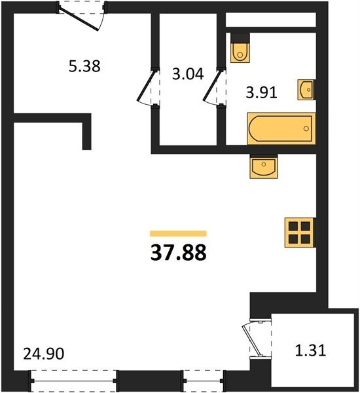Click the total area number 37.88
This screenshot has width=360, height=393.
pos(179,253)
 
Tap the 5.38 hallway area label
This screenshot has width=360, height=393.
pos(84,66)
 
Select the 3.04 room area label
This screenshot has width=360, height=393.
pos(188,74)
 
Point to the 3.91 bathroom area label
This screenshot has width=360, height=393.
pos(262,92)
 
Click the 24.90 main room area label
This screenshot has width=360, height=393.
pos(44,354)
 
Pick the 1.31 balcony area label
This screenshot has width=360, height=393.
pos(311,350)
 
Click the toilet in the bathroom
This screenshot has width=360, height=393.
pos(240,48)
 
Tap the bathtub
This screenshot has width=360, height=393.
pos(281,128)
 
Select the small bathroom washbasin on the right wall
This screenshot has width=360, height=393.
pos(306,90)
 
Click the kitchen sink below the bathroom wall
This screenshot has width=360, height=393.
pos(264,166)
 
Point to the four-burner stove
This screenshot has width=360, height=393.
pos(300,233)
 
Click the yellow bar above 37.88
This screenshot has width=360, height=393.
pos(178,234)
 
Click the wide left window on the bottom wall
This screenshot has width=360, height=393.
pos(73,381)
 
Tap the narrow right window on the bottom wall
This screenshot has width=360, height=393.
pos(203,381)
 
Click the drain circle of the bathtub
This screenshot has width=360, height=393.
pos(306,128)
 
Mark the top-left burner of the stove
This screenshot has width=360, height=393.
pos(293,227)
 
